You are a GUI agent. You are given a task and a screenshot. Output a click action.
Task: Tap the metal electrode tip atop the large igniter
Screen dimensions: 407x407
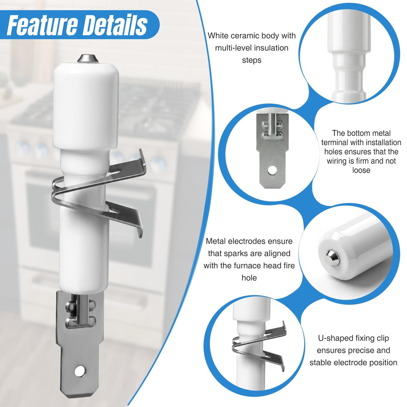pyautogui.click(x=87, y=58)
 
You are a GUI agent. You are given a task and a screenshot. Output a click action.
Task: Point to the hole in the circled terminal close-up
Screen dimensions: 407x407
pyautogui.click(x=272, y=170)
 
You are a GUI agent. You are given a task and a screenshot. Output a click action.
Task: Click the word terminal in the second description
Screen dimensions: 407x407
pyautogui.click(x=335, y=143)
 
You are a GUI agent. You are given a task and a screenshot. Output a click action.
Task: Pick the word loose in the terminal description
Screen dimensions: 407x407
pyautogui.click(x=361, y=170)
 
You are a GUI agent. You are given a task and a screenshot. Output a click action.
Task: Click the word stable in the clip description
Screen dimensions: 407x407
pyautogui.click(x=320, y=362)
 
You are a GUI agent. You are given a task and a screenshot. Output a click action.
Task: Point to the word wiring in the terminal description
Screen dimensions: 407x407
pyautogui.click(x=336, y=161)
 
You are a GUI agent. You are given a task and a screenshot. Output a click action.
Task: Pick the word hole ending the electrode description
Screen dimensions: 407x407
pyautogui.click(x=249, y=278)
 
